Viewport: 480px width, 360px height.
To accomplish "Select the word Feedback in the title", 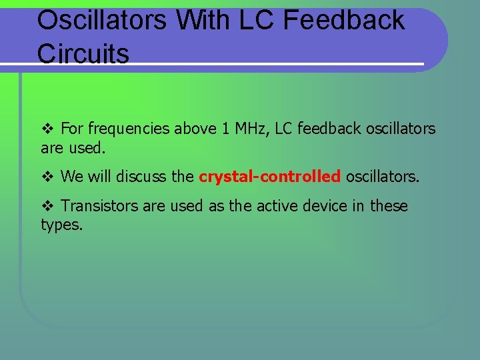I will coord(344,20).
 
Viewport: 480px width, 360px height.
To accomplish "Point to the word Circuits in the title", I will coord(83,54).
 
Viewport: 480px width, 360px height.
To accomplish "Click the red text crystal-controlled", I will coord(269,177).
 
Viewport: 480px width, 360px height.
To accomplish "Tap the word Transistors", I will coord(99,207).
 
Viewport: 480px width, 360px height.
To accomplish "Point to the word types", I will coord(61,225).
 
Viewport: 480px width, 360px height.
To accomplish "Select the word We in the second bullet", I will coord(71,177).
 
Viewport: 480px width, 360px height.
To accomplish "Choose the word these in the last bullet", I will coord(389,207).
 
